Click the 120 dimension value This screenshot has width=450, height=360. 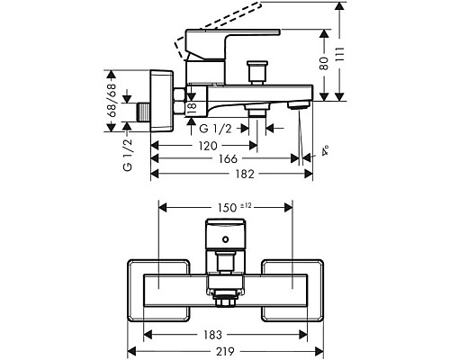click(x=208, y=146)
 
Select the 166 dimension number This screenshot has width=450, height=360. click(x=228, y=158)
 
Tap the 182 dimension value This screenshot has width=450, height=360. click(x=245, y=174)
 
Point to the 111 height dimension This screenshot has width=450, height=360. click(x=339, y=54)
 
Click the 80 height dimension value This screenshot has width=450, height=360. click(x=324, y=64)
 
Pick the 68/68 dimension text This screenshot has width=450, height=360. click(x=112, y=101)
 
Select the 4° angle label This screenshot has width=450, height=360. click(x=325, y=150)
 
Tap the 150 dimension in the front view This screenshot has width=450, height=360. click(x=227, y=208)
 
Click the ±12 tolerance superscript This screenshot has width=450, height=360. click(x=246, y=205)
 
